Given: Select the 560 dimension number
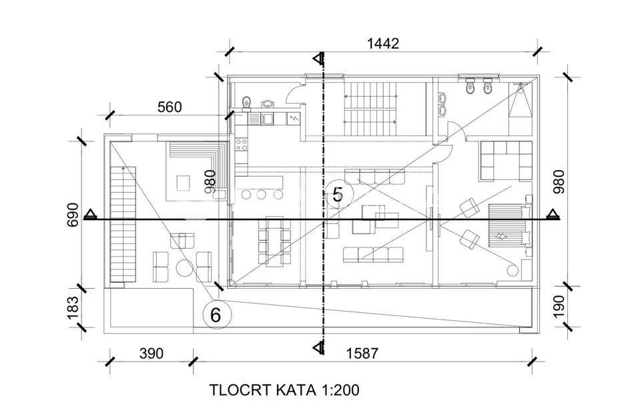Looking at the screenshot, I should pos(170,107).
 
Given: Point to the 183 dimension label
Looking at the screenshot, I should pos(73,307).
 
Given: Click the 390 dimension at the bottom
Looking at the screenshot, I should pos(151,353).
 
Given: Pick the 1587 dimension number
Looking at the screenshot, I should pos(363,353).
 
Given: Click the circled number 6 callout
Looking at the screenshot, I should pos(216,314).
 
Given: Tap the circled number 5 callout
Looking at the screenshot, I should pos(338,194).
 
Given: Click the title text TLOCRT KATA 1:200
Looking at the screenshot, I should pos(284,390).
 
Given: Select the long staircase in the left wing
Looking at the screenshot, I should pos(123,224).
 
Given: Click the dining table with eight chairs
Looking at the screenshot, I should pos(274,241).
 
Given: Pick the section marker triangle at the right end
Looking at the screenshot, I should pos(552,214).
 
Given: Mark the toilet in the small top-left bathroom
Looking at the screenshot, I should pos(246,102).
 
